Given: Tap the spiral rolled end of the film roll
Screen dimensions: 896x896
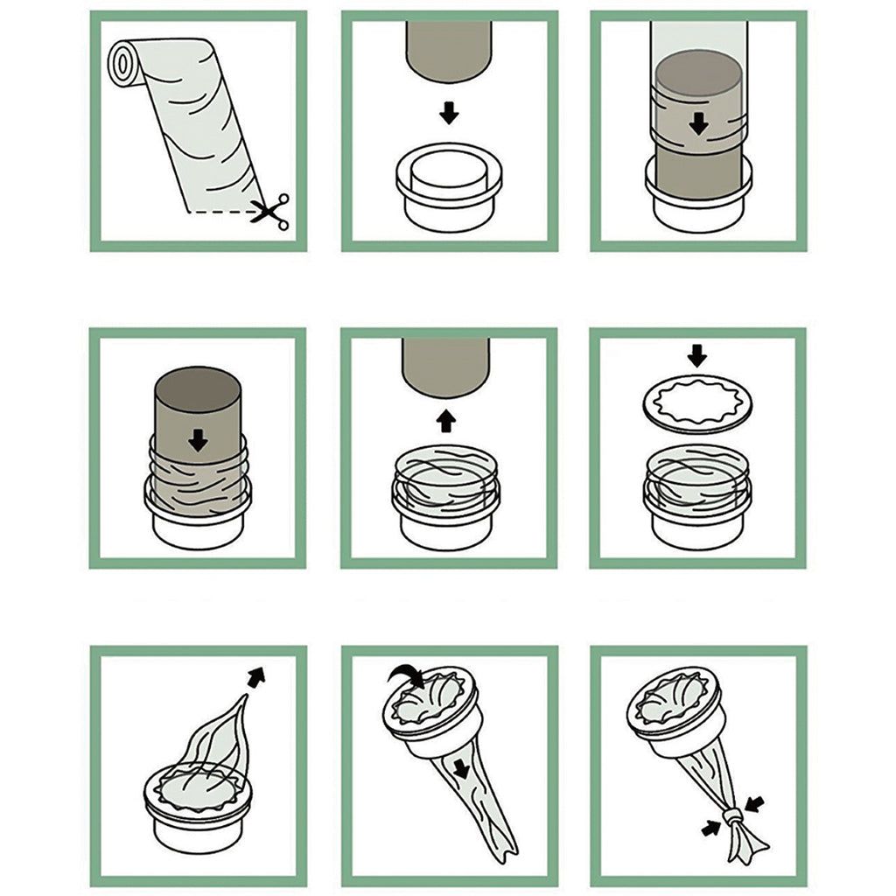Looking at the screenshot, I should click(122, 60).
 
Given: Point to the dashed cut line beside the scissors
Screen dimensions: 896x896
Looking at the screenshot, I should click(219, 212).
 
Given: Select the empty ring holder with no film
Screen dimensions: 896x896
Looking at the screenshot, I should click(449, 188).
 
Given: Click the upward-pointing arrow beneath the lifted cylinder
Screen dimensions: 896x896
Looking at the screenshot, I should click(447, 421).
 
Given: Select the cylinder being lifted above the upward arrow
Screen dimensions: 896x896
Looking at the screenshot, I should click(447, 363).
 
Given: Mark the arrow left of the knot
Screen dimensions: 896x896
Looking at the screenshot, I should click(710, 827).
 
